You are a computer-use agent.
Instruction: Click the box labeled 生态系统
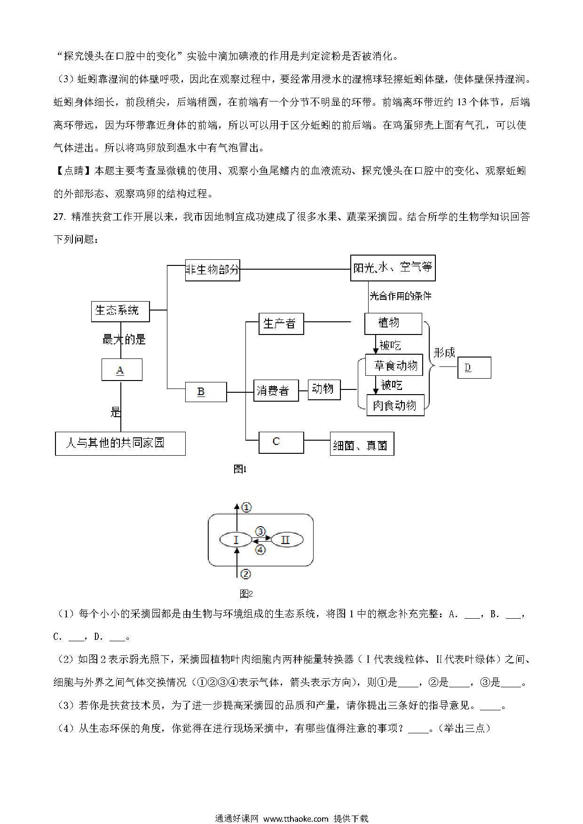click(x=120, y=311)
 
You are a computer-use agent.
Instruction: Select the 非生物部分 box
click(x=213, y=270)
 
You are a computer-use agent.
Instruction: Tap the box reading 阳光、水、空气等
click(x=393, y=268)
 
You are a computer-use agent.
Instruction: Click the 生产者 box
click(x=281, y=324)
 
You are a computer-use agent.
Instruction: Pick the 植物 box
click(x=394, y=324)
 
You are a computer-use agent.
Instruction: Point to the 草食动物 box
click(x=394, y=365)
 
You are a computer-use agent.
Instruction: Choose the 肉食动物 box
click(x=395, y=405)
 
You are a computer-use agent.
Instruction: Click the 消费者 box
click(x=276, y=390)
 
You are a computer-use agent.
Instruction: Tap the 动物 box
click(x=324, y=389)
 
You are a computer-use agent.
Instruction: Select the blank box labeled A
click(x=122, y=370)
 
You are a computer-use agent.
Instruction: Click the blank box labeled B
click(x=206, y=392)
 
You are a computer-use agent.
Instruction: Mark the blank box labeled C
click(x=281, y=443)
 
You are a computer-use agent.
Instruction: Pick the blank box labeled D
click(x=474, y=367)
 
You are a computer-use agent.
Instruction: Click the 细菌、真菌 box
click(x=362, y=444)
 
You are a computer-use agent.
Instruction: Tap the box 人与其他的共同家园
click(x=120, y=443)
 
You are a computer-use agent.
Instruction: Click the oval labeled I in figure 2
click(x=236, y=540)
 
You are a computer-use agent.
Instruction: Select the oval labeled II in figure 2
click(x=286, y=540)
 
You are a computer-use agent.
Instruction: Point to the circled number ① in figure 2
click(x=246, y=507)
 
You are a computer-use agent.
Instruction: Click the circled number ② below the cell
click(x=245, y=574)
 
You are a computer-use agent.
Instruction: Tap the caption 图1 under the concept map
click(x=240, y=469)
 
